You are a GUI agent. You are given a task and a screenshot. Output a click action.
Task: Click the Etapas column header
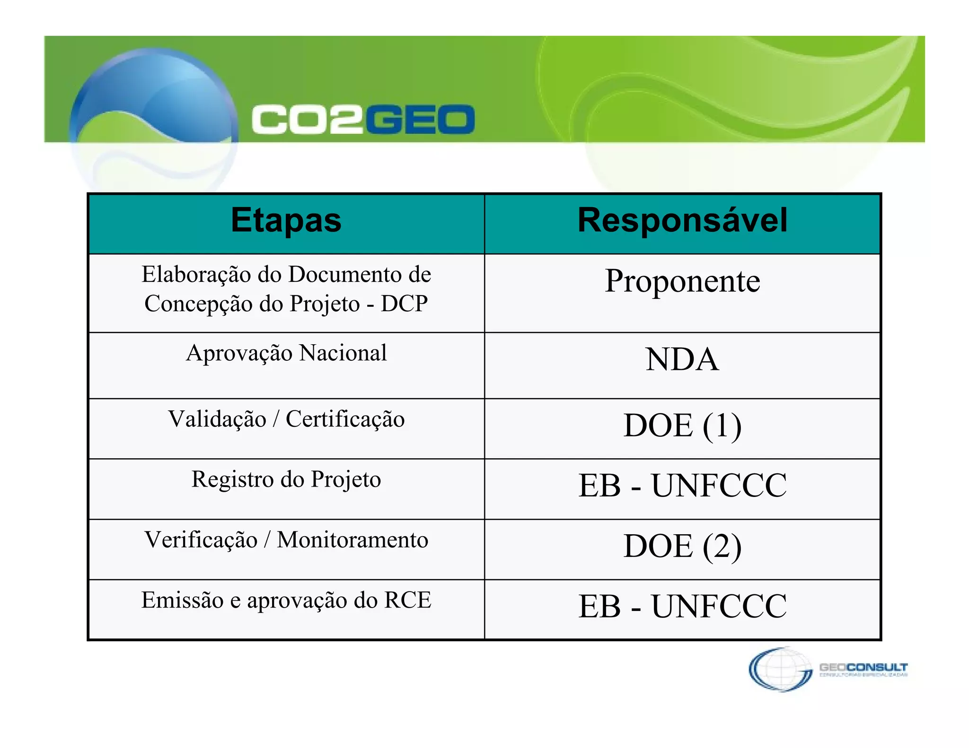click(286, 221)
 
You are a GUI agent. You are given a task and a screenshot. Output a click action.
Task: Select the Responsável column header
click(682, 221)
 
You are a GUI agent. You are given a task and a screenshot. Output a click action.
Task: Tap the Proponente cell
click(682, 281)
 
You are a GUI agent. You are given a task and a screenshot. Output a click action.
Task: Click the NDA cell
click(682, 360)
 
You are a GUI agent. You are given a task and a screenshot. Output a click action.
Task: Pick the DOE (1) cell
click(682, 426)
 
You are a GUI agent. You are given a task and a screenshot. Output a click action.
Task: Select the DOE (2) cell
click(682, 546)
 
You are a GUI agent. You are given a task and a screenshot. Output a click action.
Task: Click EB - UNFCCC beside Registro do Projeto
click(682, 486)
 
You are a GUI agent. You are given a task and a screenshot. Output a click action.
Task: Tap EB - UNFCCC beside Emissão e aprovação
click(682, 606)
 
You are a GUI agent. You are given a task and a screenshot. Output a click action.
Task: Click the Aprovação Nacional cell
click(286, 353)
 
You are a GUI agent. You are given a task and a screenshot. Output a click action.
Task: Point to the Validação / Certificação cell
click(286, 419)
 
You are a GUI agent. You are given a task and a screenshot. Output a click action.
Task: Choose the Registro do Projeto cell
click(286, 479)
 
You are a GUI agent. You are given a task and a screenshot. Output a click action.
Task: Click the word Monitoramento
click(352, 540)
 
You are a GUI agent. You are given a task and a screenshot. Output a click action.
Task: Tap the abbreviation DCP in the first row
click(404, 304)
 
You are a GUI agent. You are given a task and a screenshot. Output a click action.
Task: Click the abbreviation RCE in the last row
click(408, 600)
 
